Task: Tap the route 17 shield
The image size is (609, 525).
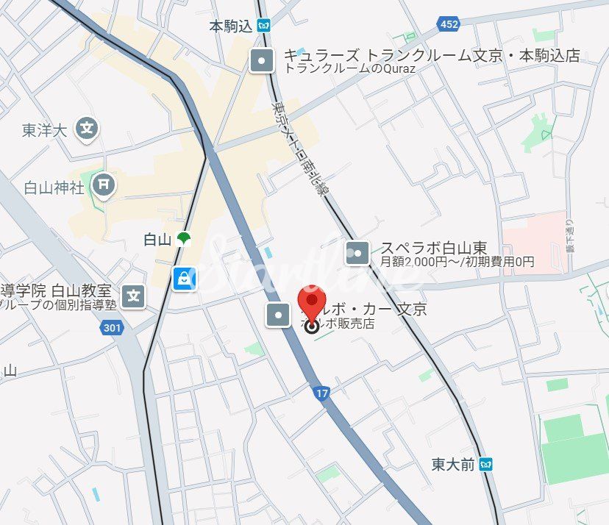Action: tap(321, 393)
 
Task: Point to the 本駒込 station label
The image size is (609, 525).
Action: tap(230, 26)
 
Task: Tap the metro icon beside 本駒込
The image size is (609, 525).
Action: tap(264, 26)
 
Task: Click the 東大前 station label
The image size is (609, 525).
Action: tap(453, 464)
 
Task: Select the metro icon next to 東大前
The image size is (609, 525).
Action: tap(485, 464)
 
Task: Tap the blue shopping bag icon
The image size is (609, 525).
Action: tap(183, 278)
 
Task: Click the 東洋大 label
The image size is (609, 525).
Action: tap(45, 130)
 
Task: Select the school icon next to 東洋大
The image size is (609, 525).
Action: tap(88, 129)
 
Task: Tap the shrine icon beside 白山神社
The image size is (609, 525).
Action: tap(104, 185)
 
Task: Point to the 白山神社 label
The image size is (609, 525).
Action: tap(54, 187)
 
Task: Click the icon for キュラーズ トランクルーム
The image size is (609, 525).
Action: tap(262, 60)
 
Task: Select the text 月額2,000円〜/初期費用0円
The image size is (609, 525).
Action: tap(457, 262)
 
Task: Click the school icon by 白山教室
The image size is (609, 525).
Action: tap(134, 297)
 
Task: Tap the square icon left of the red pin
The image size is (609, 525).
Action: tap(279, 314)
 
